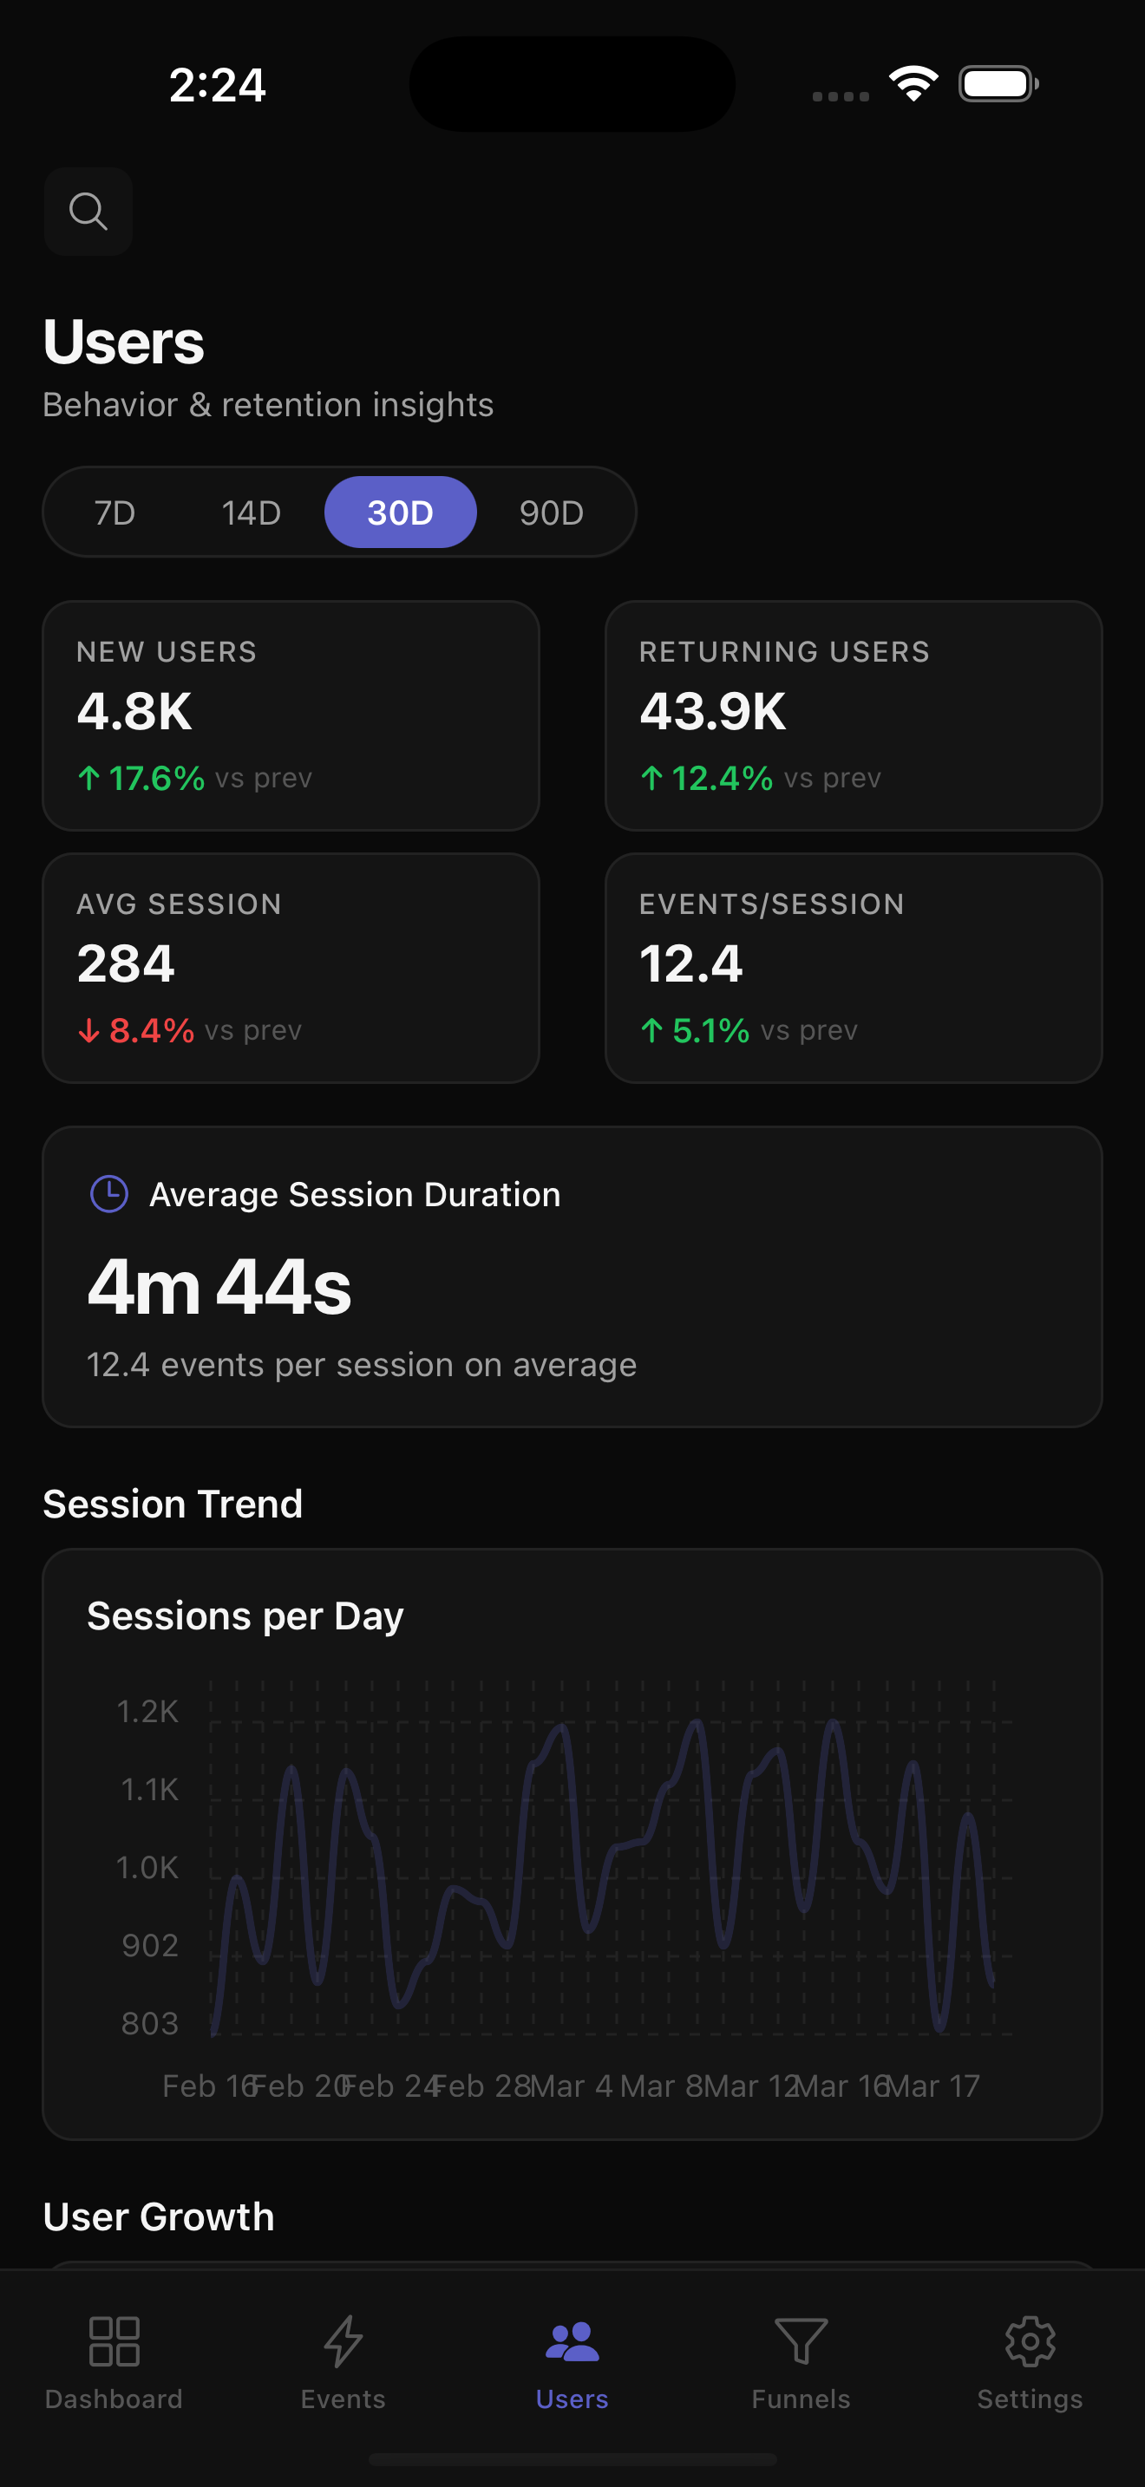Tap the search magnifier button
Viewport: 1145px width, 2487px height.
tap(88, 211)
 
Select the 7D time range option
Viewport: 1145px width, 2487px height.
tap(114, 512)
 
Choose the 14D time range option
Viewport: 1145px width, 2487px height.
tap(251, 512)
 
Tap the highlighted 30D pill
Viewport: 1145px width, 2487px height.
tap(400, 512)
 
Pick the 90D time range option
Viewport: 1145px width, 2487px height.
tap(552, 512)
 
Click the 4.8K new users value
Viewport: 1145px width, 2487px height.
tap(134, 712)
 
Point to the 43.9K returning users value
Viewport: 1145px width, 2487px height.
tap(712, 712)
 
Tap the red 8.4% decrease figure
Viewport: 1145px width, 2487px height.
tap(151, 1030)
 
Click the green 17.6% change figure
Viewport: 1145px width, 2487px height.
tap(155, 778)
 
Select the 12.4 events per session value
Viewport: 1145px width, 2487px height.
tap(690, 963)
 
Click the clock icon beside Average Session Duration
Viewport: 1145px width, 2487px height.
tap(109, 1193)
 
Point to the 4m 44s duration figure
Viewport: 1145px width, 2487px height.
tap(219, 1287)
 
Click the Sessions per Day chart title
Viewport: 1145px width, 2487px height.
tap(245, 1616)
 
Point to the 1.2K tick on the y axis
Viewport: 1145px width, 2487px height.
tap(147, 1712)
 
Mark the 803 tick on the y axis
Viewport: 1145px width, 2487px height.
tap(150, 2022)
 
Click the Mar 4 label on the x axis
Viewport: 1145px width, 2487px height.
tap(571, 2086)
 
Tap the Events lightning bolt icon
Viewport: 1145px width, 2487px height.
tap(343, 2341)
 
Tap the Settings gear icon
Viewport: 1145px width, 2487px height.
tap(1029, 2341)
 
